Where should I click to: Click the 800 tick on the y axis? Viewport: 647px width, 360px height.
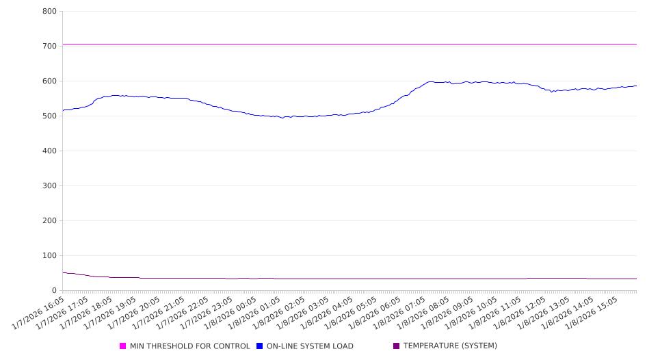[x=49, y=12]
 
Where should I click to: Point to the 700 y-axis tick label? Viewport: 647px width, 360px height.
[x=49, y=47]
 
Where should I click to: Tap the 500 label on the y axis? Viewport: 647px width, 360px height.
[x=49, y=116]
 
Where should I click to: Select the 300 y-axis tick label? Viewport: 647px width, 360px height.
[x=49, y=186]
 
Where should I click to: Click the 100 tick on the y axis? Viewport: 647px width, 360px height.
[x=49, y=256]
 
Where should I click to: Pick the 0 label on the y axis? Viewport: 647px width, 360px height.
[x=54, y=291]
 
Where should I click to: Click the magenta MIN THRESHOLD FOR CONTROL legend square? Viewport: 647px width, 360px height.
[x=123, y=346]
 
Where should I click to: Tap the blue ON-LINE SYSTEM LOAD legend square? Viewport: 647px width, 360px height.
[x=260, y=346]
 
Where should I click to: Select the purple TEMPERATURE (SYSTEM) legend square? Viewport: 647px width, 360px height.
[x=397, y=346]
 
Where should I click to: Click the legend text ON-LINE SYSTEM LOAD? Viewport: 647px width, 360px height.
[x=310, y=346]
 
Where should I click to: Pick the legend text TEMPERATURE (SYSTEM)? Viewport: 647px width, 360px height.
[x=450, y=346]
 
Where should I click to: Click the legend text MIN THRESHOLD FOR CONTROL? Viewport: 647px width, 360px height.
[x=189, y=346]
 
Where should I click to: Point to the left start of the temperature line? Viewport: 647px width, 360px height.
[x=63, y=272]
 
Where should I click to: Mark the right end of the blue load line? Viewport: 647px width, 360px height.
[x=636, y=86]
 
